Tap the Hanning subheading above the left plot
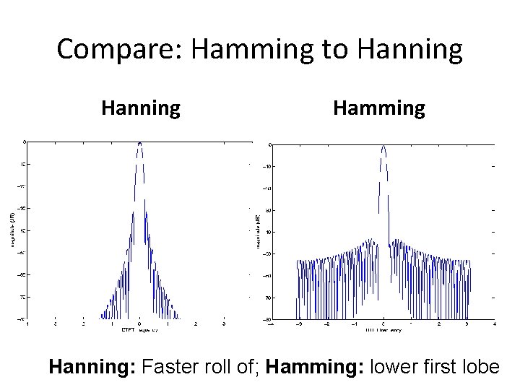click(141, 108)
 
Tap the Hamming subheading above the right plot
click(379, 108)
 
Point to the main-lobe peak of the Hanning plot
click(139, 143)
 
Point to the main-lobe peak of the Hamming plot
click(383, 147)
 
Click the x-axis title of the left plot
click(139, 331)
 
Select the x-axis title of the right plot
click(383, 330)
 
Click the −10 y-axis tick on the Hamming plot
click(266, 167)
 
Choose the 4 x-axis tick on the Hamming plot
click(494, 324)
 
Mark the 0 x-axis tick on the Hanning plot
click(139, 324)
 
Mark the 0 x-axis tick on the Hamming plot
click(383, 324)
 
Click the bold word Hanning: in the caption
click(91, 367)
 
